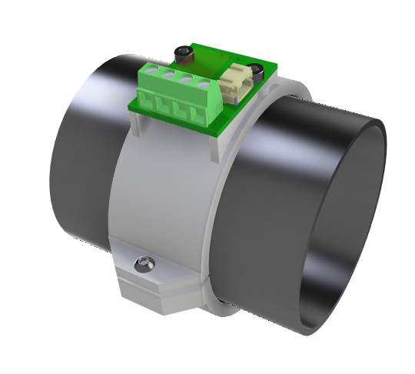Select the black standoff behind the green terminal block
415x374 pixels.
184,54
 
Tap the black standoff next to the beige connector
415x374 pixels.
259,71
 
